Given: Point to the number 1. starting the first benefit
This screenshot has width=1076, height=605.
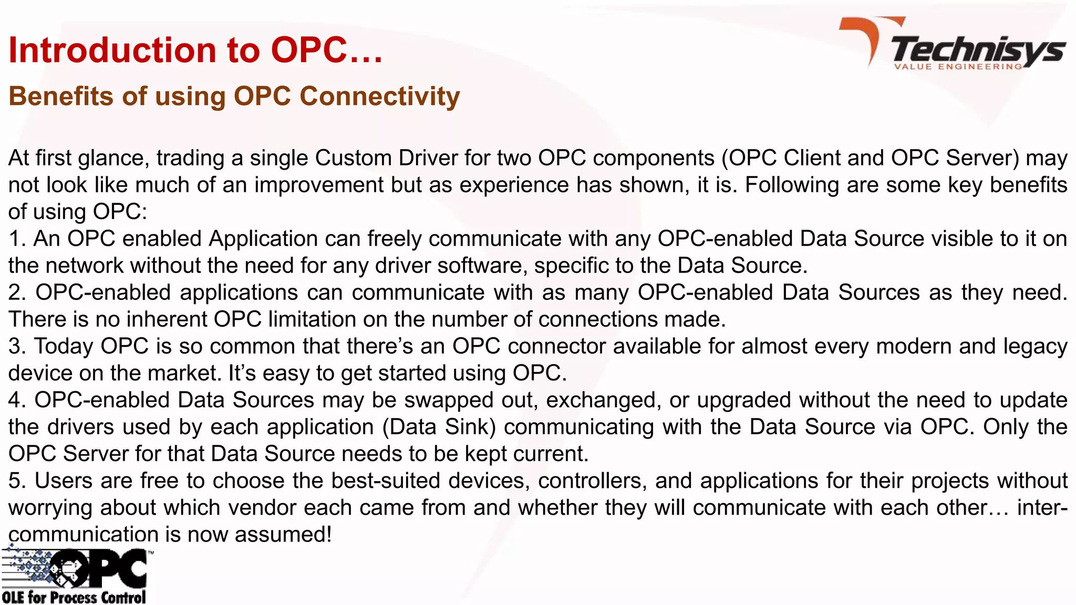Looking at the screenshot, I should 16,239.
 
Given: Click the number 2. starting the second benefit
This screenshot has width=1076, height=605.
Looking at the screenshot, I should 17,293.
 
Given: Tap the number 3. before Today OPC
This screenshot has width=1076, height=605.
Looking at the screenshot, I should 17,347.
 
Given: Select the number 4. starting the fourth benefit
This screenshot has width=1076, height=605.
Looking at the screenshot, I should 17,400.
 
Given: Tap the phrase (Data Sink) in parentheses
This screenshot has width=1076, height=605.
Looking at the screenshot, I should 439,427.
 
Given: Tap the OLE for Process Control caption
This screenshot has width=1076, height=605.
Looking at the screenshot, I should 74,598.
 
